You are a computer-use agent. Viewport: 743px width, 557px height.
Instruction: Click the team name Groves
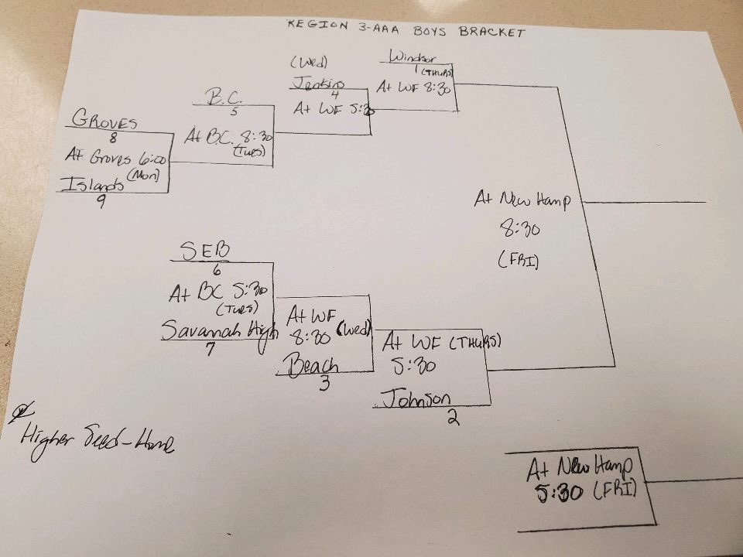(104, 120)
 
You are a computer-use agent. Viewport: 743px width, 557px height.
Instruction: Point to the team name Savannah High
(209, 330)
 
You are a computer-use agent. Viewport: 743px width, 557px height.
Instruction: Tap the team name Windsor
(413, 57)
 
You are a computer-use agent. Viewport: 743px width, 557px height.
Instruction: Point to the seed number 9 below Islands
(101, 204)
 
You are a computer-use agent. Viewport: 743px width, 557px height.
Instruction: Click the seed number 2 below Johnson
(452, 419)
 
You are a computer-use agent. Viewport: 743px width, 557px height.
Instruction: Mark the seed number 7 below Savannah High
(211, 349)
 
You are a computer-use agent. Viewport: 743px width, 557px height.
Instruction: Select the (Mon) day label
(145, 176)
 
